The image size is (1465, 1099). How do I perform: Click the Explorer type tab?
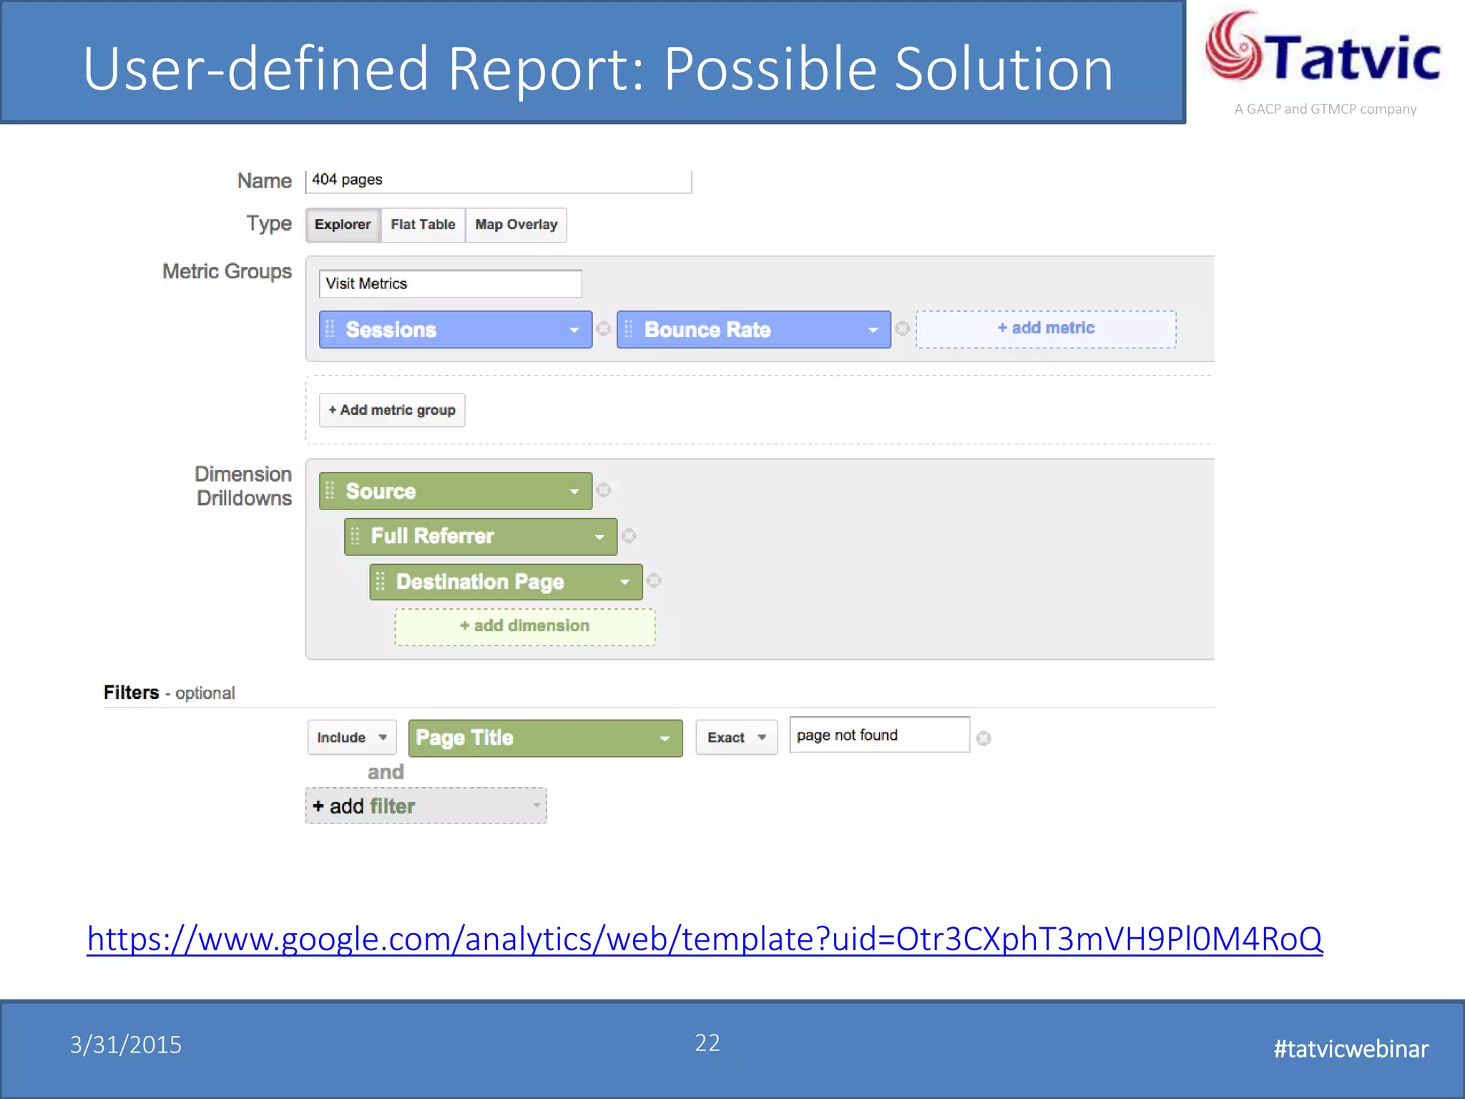pos(343,225)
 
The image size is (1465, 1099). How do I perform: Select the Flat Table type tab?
pos(423,225)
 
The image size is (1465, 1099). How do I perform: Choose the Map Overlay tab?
pos(516,225)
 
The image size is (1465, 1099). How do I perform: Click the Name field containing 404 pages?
pos(498,180)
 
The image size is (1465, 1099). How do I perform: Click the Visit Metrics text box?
pos(450,284)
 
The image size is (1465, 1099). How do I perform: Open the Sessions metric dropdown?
pos(456,330)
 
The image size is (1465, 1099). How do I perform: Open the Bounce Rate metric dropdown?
pos(754,330)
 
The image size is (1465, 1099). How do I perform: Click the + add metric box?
pos(1046,329)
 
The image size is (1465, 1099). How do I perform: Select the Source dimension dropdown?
pos(456,492)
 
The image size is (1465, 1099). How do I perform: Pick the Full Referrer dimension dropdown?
pos(481,537)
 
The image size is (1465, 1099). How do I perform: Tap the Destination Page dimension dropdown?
pos(506,582)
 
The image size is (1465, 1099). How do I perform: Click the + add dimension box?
pos(525,627)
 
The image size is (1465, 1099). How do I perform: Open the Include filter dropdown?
pos(352,738)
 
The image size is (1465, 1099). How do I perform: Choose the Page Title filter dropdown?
pos(545,738)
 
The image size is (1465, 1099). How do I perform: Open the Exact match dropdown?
pos(736,738)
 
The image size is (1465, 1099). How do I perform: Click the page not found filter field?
pos(879,736)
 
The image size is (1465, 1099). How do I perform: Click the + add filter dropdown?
pos(426,806)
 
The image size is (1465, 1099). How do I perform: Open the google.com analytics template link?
pos(705,939)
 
